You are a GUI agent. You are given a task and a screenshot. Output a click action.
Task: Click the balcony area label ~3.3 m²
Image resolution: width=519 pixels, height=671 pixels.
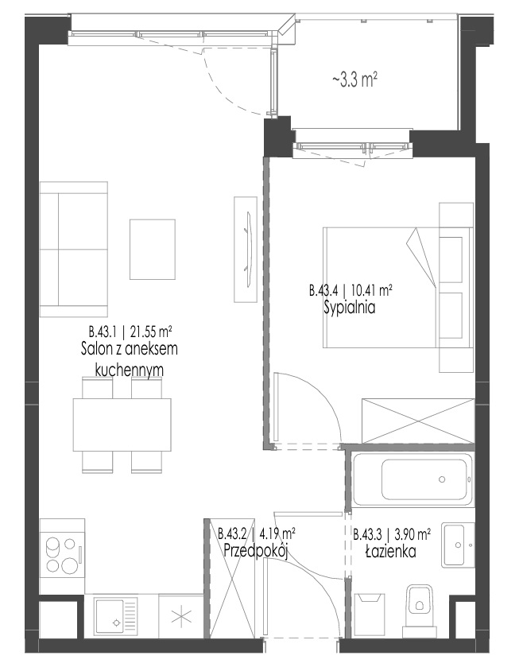354,80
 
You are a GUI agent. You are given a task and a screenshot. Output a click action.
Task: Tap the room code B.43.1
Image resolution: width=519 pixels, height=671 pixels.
103,332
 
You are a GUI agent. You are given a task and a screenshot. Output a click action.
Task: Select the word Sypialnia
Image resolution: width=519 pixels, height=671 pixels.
350,308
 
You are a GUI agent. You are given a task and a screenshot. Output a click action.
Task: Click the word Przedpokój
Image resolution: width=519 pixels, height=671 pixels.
255,551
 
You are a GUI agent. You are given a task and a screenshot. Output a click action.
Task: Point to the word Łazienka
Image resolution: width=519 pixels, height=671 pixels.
390,552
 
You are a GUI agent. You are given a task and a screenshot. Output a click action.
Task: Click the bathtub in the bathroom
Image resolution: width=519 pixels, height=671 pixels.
412,479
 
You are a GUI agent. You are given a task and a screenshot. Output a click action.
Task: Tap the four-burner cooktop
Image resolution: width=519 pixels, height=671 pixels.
62,556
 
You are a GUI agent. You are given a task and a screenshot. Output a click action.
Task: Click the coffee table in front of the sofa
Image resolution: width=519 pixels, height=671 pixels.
153,249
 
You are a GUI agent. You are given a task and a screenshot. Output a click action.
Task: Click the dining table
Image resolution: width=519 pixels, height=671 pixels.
122,424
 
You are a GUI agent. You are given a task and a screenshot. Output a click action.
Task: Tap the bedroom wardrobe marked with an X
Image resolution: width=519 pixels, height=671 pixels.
418,421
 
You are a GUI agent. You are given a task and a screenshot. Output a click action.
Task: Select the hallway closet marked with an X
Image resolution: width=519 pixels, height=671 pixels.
229,579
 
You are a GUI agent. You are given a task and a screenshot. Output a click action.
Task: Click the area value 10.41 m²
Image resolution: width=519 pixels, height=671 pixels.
371,291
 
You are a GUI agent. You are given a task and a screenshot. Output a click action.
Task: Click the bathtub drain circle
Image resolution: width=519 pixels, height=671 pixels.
442,479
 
